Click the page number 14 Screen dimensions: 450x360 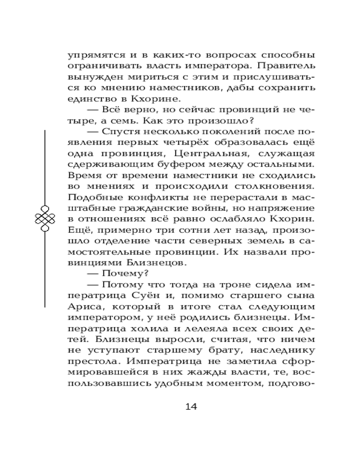pos(191,406)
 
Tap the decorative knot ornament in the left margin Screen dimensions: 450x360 pos(45,219)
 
